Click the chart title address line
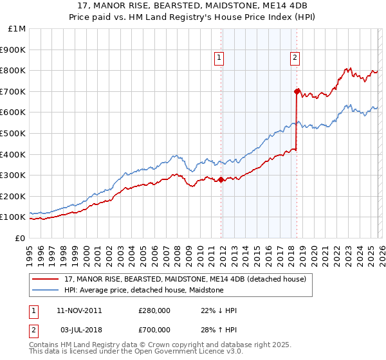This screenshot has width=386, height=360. (x=193, y=6)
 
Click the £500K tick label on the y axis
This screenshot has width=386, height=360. (x=13, y=133)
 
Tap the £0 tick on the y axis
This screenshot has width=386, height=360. (x=20, y=238)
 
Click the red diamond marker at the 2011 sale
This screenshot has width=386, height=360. (x=221, y=179)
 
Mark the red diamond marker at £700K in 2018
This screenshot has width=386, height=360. (x=297, y=91)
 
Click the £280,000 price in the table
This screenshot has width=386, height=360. (x=154, y=310)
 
